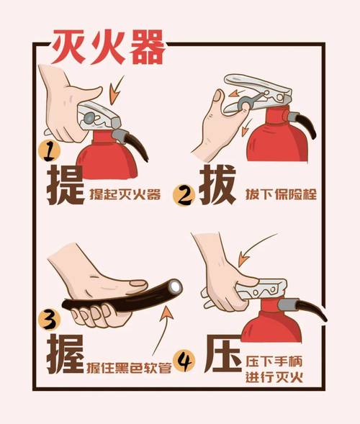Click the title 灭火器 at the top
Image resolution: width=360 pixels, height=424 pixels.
108,48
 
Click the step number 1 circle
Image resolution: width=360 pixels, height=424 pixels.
47,151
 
